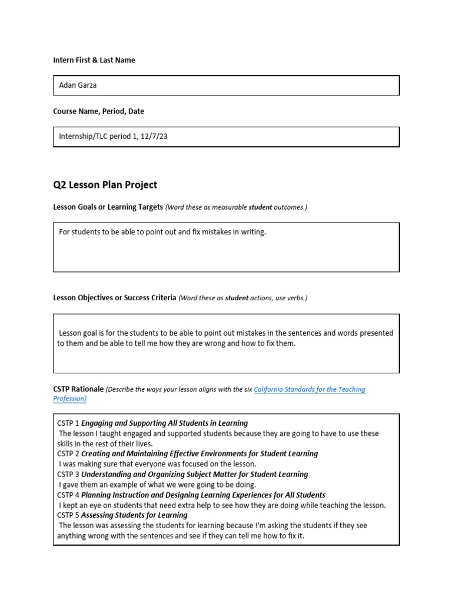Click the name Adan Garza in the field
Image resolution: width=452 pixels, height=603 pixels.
78,85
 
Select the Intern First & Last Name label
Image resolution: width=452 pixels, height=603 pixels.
94,60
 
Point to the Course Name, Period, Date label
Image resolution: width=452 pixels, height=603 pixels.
98,111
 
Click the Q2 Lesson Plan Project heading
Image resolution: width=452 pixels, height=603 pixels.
105,185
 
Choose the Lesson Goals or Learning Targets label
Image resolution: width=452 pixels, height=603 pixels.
108,207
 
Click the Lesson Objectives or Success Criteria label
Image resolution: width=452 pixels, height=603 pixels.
114,298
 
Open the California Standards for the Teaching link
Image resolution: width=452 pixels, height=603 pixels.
310,390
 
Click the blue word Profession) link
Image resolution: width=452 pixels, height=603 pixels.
69,399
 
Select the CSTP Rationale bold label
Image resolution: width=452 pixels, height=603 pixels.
78,390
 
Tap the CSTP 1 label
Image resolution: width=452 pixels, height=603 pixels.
68,423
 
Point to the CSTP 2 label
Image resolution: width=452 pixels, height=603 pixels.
68,454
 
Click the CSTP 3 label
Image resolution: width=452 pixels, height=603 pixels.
68,475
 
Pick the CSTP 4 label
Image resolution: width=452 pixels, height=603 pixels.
68,495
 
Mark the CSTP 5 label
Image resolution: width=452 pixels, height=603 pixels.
68,516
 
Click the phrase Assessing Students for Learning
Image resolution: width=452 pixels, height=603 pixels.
134,516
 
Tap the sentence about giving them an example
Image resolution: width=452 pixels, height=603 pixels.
157,485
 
